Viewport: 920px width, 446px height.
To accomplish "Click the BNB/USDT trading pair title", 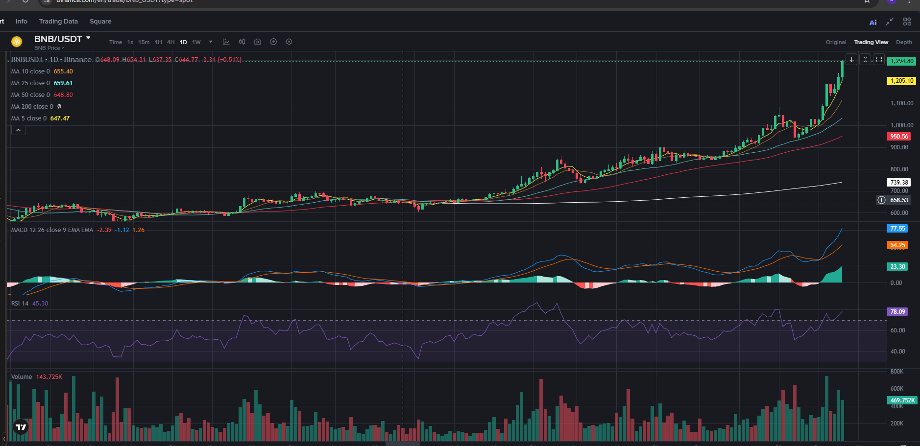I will click(58, 39).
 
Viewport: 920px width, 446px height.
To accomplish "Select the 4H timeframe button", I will click(170, 42).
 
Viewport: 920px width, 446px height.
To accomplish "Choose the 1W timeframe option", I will click(196, 42).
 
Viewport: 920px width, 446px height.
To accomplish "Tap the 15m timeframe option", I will click(144, 42).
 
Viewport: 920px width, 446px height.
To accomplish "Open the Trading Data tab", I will click(58, 22).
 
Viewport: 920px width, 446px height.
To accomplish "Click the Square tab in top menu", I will click(100, 22).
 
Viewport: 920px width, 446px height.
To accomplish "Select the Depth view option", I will click(904, 42).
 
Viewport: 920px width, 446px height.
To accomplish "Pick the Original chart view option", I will click(836, 42).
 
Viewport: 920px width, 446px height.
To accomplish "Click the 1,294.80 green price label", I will click(901, 61).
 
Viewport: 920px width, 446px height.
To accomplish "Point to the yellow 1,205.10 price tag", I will click(901, 81).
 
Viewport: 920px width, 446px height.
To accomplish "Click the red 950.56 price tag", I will click(899, 137).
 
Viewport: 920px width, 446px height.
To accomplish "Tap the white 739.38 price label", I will click(899, 182).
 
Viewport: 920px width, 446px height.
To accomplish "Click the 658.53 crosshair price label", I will click(899, 200).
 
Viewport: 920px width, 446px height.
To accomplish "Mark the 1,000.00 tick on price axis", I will click(901, 125).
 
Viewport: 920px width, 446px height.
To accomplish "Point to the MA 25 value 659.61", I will click(63, 83).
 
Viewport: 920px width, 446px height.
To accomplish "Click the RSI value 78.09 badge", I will click(897, 312).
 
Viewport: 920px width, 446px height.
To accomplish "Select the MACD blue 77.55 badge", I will click(897, 229).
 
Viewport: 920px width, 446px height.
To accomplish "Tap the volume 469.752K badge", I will click(902, 400).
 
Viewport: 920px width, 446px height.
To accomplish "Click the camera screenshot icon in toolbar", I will click(258, 42).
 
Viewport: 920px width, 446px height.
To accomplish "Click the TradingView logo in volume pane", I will click(21, 427).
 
